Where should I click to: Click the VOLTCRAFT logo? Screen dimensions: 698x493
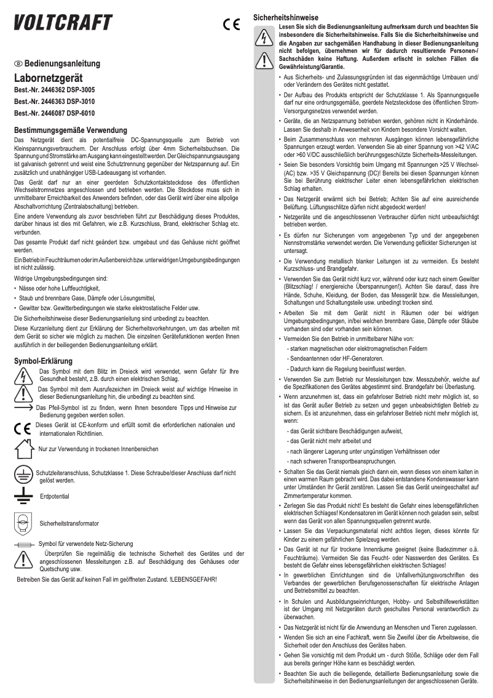click(63, 22)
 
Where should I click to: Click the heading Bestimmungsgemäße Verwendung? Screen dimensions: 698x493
click(70, 130)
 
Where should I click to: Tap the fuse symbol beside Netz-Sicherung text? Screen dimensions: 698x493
click(25, 545)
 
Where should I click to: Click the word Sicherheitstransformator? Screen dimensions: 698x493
click(68, 523)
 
